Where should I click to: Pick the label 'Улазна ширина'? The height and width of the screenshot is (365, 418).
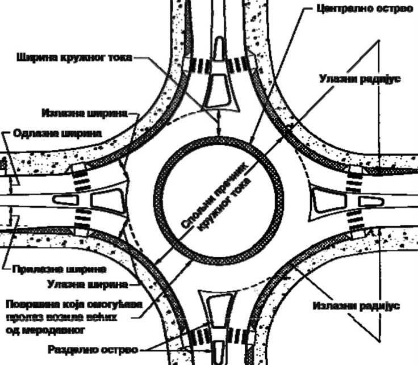(x=90, y=282)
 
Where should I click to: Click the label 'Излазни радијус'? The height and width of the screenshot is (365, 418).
(x=356, y=306)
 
